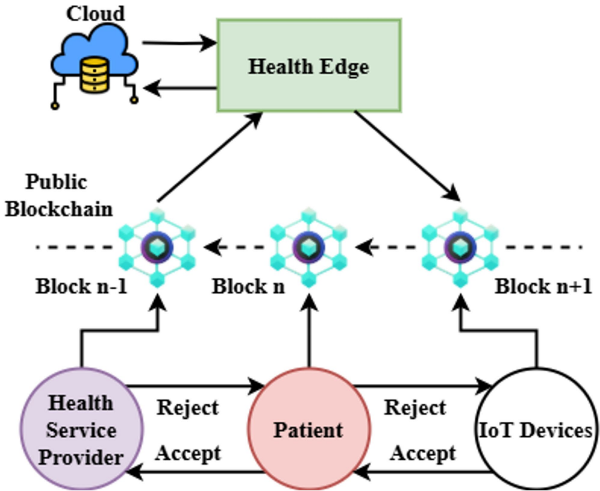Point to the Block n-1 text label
tap(82, 287)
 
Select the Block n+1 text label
tap(543, 287)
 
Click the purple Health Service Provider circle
tap(82, 430)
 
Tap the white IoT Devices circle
tap(535, 430)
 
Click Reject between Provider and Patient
tap(188, 408)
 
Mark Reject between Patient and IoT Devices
tap(415, 408)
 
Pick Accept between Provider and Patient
tap(188, 452)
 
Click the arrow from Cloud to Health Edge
tap(178, 44)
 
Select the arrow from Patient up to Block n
tap(308, 330)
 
